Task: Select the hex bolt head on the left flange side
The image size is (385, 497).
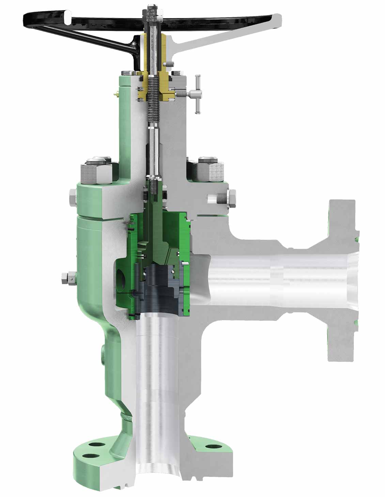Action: [73, 197]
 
